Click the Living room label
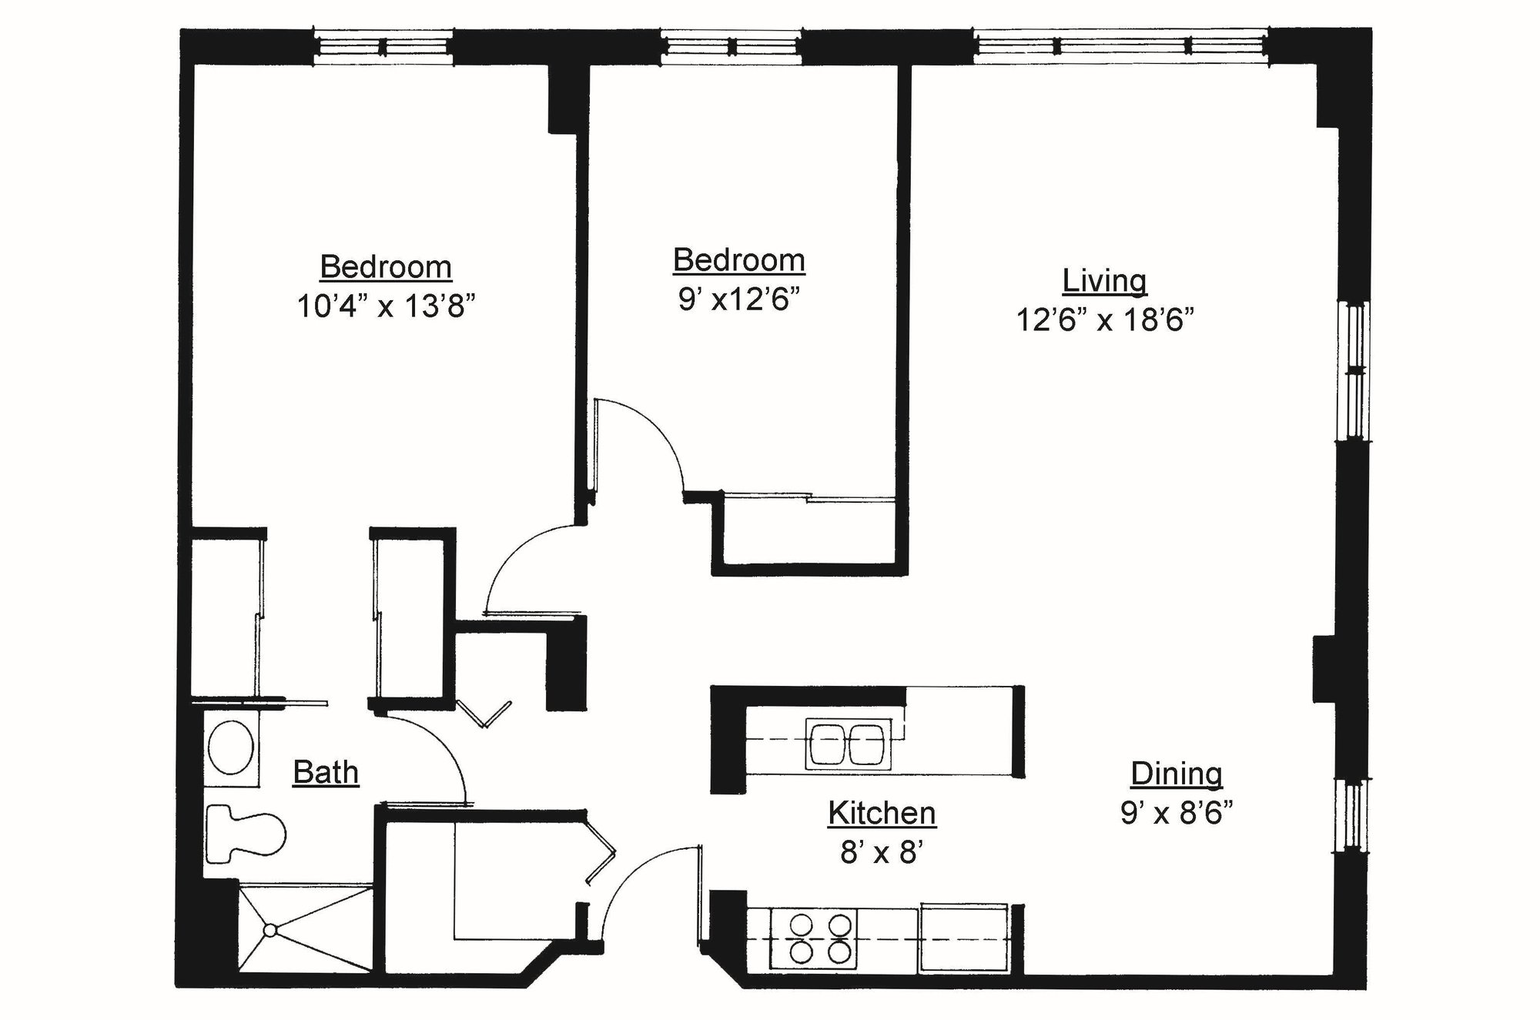tap(1104, 281)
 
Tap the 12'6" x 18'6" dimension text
tap(1104, 319)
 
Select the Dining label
tap(1176, 774)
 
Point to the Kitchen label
tap(882, 813)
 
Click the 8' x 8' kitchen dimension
tap(882, 852)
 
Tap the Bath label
tap(326, 772)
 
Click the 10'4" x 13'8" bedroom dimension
tap(385, 306)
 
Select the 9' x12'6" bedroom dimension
tap(738, 299)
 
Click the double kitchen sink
tap(848, 744)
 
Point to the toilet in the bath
tap(245, 834)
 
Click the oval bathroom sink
tap(232, 747)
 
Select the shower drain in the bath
tap(269, 930)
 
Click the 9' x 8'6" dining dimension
tap(1176, 813)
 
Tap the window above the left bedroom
tap(383, 47)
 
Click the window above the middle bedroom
tap(731, 47)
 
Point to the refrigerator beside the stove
tap(963, 939)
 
